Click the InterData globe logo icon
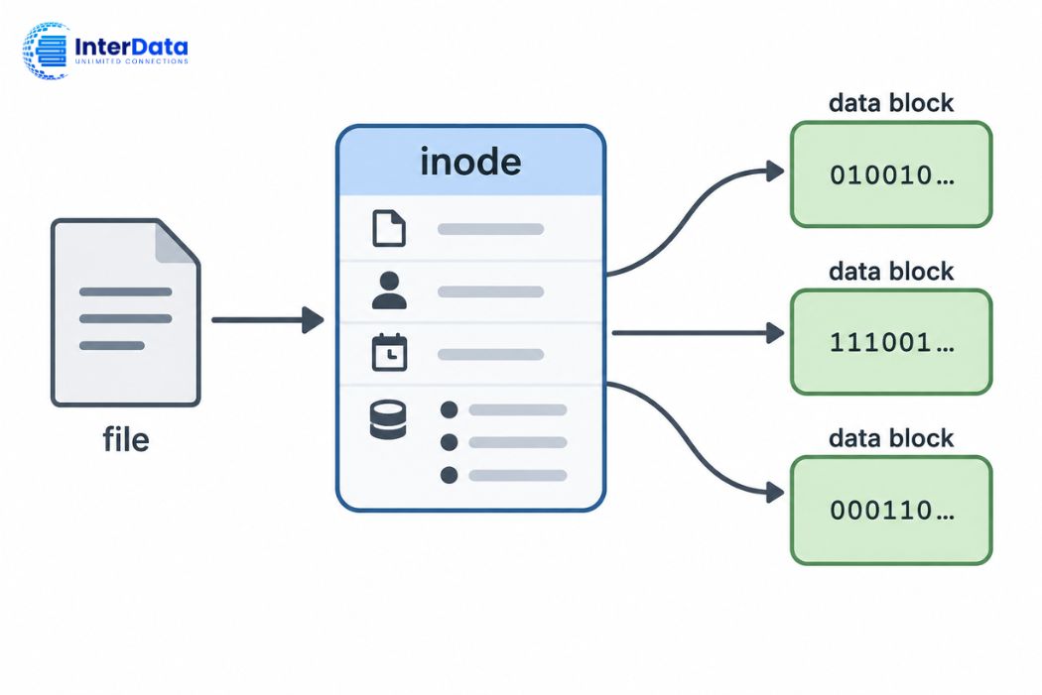coord(46,51)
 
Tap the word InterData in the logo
coord(131,47)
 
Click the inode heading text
coord(470,162)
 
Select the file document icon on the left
coord(126,312)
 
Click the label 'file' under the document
coord(126,439)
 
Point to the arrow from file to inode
coord(267,320)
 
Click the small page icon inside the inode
coord(389,228)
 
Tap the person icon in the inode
coord(389,290)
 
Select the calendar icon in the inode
coord(389,353)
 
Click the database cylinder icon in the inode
coord(388,419)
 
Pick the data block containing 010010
coord(891,174)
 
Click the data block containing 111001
coord(891,342)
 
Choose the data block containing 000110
coord(891,510)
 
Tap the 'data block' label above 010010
coord(891,103)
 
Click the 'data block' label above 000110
coord(891,438)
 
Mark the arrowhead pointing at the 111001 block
coord(775,332)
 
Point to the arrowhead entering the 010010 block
coord(775,172)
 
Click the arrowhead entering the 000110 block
coord(775,493)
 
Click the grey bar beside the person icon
coord(490,291)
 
